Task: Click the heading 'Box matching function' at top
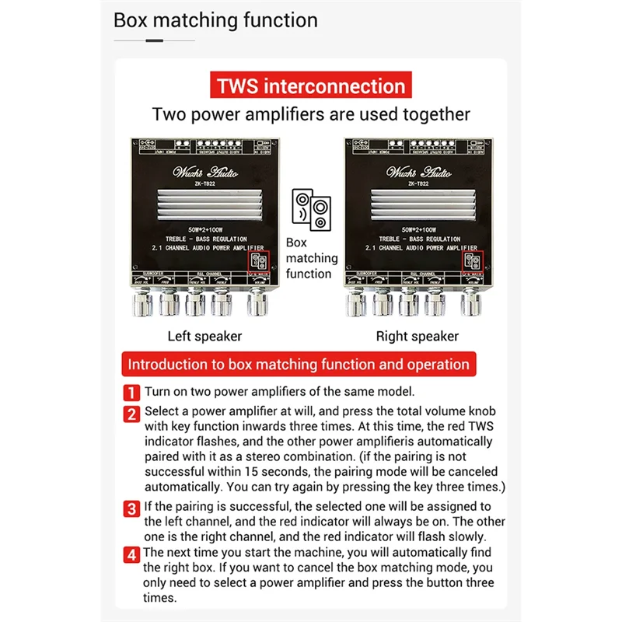click(x=215, y=20)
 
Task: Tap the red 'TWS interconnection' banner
click(x=311, y=86)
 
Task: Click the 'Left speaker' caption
click(x=204, y=337)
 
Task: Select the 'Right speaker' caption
click(x=418, y=337)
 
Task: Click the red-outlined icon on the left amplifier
click(x=258, y=261)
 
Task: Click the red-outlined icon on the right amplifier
click(x=471, y=261)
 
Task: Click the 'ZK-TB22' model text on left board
click(x=205, y=183)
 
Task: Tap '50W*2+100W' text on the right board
click(x=418, y=231)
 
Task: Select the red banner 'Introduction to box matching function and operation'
click(x=299, y=364)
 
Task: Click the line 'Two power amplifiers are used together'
click(x=311, y=114)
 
